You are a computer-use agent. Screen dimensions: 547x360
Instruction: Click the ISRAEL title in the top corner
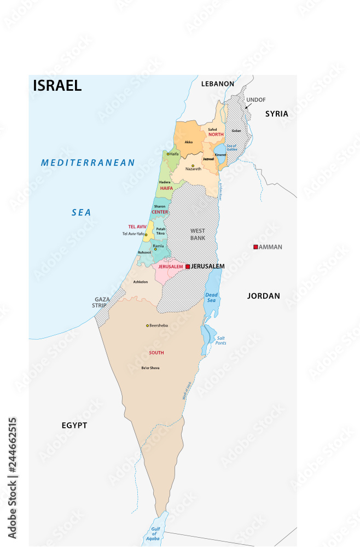pos(57,85)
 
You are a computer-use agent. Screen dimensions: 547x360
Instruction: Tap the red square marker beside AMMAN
pos(256,247)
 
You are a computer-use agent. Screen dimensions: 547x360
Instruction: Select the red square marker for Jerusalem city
pos(188,266)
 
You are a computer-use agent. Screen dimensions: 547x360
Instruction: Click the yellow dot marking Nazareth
pos(193,166)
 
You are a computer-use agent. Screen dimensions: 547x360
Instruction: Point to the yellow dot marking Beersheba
pos(147,325)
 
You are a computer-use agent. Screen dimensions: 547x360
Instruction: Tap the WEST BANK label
pos(198,235)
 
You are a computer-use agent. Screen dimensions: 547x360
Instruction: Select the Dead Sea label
pos(211,298)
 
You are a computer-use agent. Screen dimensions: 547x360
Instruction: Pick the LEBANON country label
pos(217,84)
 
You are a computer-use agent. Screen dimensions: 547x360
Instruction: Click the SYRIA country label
pos(276,114)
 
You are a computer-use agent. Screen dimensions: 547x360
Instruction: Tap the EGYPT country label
pos(74,425)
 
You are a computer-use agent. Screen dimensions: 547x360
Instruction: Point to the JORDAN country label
pos(263,296)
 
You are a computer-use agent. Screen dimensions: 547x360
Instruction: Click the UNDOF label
pos(256,100)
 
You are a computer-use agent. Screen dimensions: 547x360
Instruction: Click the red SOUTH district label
pos(156,353)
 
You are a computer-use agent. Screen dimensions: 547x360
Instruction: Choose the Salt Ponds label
pos(220,340)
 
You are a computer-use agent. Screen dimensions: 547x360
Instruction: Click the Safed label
pos(213,130)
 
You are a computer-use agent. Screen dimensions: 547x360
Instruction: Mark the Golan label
pos(236,131)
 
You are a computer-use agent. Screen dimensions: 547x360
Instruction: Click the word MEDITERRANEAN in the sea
pos(88,162)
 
